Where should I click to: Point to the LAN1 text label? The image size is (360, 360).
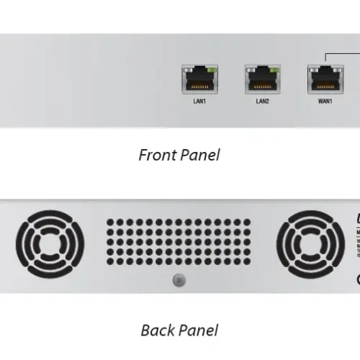[199, 102]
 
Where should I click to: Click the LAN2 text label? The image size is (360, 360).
[262, 102]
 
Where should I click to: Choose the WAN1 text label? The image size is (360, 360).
[325, 102]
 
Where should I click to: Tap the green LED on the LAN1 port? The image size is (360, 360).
[211, 71]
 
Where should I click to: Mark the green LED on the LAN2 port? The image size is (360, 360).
[274, 71]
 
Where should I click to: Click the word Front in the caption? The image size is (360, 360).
[156, 155]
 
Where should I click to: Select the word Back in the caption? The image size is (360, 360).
[158, 330]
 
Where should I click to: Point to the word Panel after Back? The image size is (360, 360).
[199, 330]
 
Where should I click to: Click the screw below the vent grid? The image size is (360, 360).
[171, 279]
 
